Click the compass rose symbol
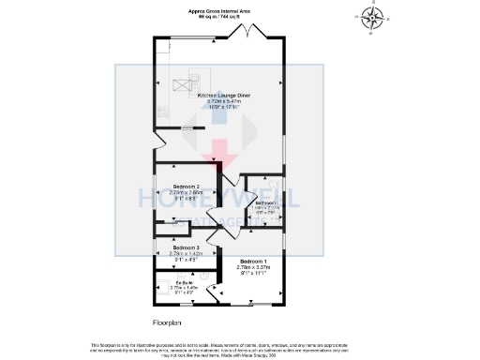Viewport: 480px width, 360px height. (373, 16)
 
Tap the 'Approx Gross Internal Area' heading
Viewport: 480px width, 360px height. (218, 10)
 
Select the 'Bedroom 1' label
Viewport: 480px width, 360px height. (253, 260)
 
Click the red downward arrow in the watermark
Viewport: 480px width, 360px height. (221, 148)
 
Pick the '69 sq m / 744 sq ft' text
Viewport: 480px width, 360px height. (218, 16)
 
